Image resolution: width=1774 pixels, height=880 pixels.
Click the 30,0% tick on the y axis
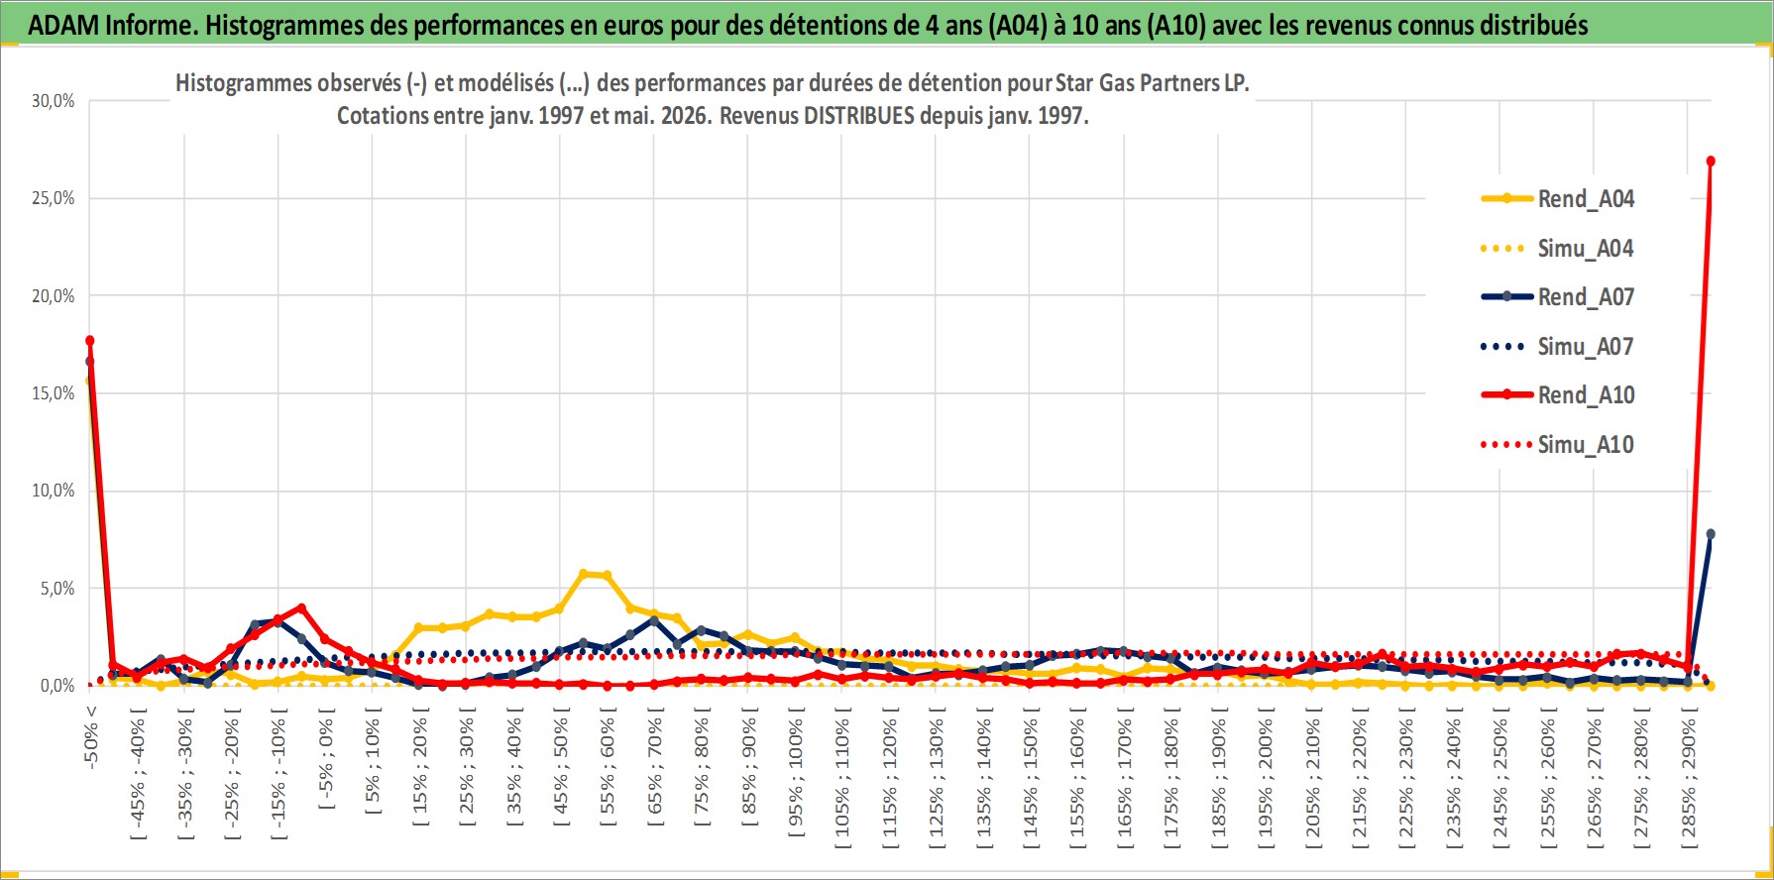(53, 101)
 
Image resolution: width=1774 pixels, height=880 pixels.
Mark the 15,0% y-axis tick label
(53, 393)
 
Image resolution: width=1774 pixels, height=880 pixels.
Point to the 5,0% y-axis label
(57, 589)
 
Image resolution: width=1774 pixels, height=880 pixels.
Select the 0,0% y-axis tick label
(57, 686)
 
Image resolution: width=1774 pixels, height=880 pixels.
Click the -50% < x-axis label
(91, 735)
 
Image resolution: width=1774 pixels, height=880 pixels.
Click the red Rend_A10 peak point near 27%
(1711, 161)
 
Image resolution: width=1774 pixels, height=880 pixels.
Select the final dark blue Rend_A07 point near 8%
(1711, 534)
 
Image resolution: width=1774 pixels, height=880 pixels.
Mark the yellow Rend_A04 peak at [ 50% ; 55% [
(584, 574)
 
